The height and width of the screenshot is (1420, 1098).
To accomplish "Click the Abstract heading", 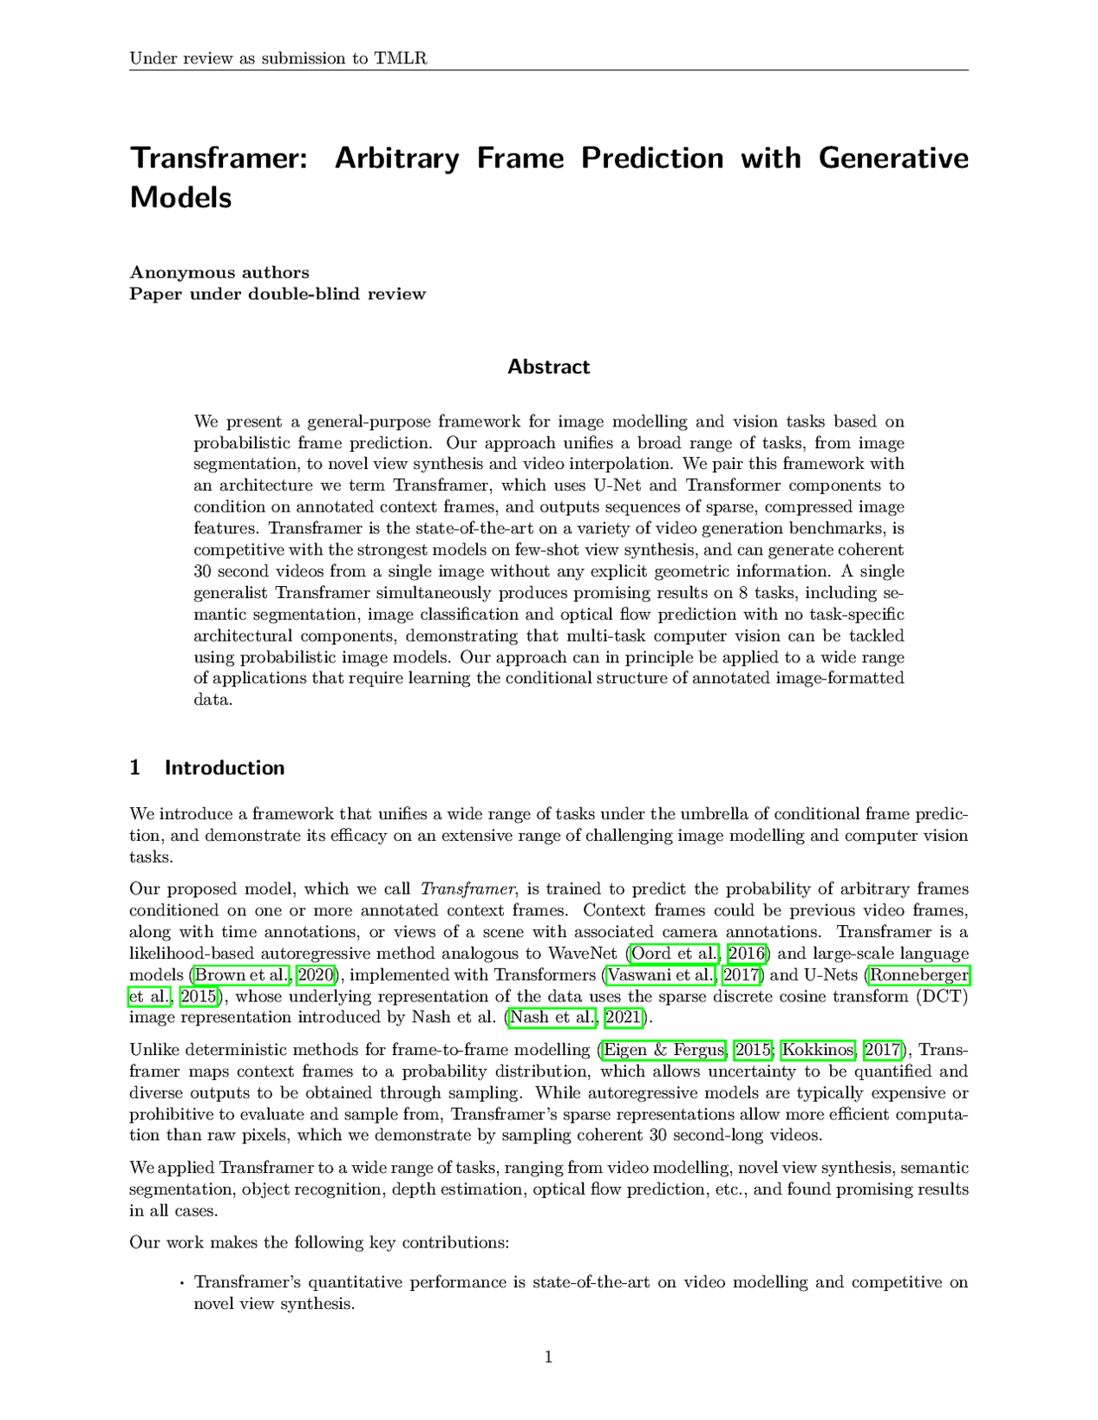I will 548,367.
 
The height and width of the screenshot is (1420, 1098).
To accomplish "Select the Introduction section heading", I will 224,768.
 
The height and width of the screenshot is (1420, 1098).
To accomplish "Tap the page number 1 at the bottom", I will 548,1358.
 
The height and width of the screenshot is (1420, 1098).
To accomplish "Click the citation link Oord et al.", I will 676,954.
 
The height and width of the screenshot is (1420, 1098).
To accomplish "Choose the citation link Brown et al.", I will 242,975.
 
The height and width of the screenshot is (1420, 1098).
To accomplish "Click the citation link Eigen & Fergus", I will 664,1051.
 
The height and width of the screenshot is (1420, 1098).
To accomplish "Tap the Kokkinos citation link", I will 816,1051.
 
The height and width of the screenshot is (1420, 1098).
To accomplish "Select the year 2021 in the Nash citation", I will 622,1018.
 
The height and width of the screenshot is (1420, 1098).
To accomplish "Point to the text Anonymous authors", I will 219,272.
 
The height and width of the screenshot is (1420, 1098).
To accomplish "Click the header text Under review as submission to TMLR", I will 278,59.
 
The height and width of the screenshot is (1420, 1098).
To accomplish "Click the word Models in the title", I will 180,198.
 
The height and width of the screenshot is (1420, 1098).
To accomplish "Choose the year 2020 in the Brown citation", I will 316,975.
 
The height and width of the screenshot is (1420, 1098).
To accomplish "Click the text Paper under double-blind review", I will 278,294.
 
